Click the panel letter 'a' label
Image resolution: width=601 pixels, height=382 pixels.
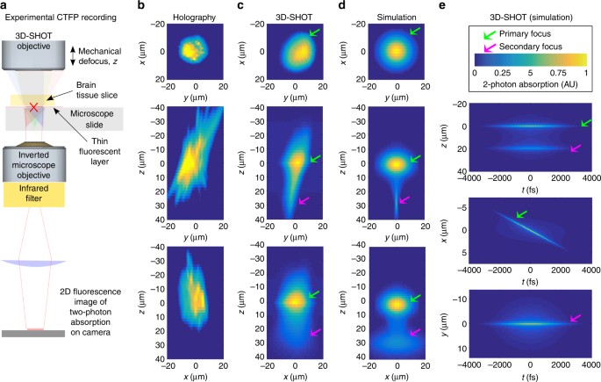pos(6,6)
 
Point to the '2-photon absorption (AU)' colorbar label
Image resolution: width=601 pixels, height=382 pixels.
pos(530,89)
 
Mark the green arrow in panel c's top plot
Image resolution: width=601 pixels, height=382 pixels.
pos(313,33)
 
